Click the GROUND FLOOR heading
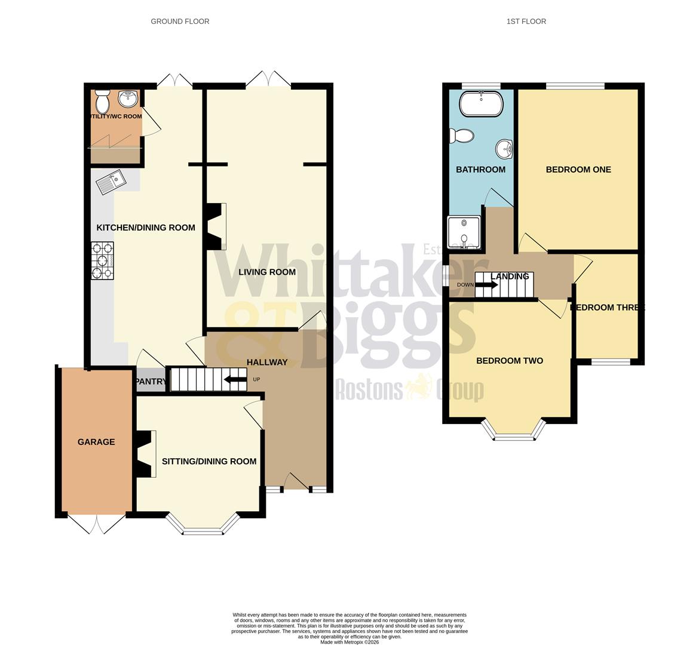click(180, 21)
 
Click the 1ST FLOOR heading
click(526, 21)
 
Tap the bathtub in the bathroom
click(480, 104)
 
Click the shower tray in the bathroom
click(463, 232)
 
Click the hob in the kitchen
click(102, 261)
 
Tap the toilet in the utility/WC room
click(102, 102)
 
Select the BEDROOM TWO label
click(509, 361)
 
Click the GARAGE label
click(96, 442)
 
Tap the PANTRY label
click(151, 382)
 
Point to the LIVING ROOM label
click(267, 272)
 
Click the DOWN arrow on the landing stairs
click(486, 285)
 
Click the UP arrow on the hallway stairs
click(235, 379)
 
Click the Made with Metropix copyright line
click(349, 642)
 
